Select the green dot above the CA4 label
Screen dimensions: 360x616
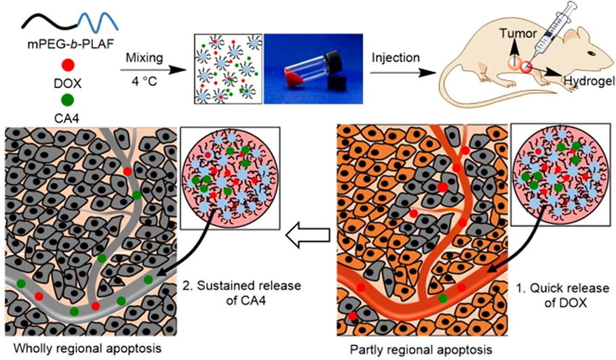pyautogui.click(x=68, y=99)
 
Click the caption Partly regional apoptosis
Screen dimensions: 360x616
pyautogui.click(x=420, y=350)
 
